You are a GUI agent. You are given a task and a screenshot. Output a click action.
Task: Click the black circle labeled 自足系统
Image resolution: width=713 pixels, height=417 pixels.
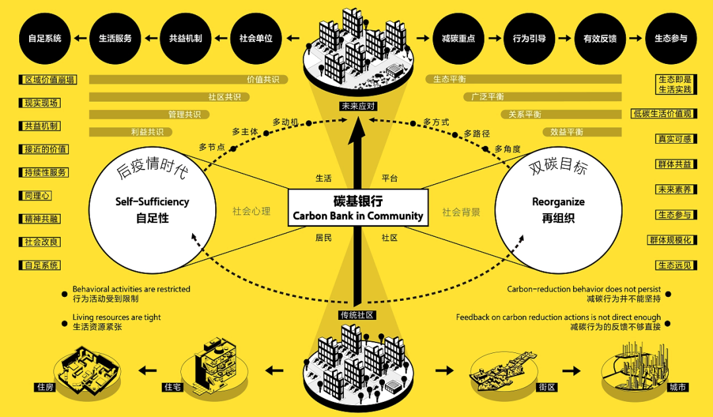(44, 38)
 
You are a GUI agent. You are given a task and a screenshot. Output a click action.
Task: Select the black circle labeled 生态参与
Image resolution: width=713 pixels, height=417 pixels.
(670, 38)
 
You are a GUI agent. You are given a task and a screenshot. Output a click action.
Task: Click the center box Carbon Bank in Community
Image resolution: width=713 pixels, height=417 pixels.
(358, 208)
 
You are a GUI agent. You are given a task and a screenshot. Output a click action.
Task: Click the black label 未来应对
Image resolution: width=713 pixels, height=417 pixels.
(357, 106)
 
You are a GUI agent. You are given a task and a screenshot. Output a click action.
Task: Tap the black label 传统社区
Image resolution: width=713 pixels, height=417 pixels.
(357, 315)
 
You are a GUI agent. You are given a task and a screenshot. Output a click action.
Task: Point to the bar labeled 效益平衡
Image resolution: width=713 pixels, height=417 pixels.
(527, 132)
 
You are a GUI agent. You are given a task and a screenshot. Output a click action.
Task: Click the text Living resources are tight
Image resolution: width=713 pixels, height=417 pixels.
(116, 317)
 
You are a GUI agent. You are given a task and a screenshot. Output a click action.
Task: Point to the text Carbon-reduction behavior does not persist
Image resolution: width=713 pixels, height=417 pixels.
(584, 289)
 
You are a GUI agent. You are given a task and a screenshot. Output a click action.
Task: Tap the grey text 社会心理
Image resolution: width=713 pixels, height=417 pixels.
(251, 212)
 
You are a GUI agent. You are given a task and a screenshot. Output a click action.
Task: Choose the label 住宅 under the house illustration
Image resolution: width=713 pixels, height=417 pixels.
(172, 387)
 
